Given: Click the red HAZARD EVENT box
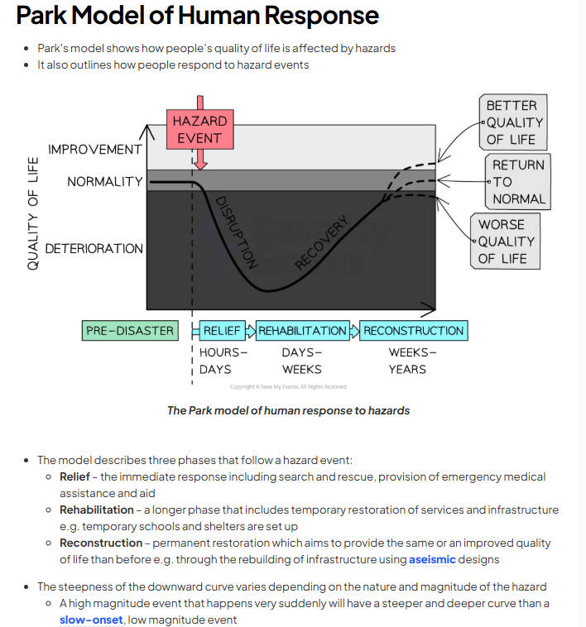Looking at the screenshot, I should click(x=199, y=129).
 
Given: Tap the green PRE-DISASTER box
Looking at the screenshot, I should click(x=130, y=331).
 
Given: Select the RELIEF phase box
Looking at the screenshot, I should click(x=222, y=331).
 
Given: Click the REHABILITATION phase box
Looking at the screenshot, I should click(x=302, y=331).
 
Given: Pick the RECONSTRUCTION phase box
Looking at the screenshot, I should click(x=414, y=331).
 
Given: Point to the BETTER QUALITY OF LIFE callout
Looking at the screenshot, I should click(x=512, y=122).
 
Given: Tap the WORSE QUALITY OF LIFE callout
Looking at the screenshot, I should click(x=507, y=242).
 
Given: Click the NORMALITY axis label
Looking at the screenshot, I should click(x=105, y=181).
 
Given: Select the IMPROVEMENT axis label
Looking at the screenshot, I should click(x=94, y=150).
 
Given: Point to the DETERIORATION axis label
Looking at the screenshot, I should click(x=94, y=248).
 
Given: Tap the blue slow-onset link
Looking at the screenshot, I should click(x=91, y=620).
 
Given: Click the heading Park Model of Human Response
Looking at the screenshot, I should click(x=197, y=15).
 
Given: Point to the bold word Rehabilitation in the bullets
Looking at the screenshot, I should click(x=96, y=510).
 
